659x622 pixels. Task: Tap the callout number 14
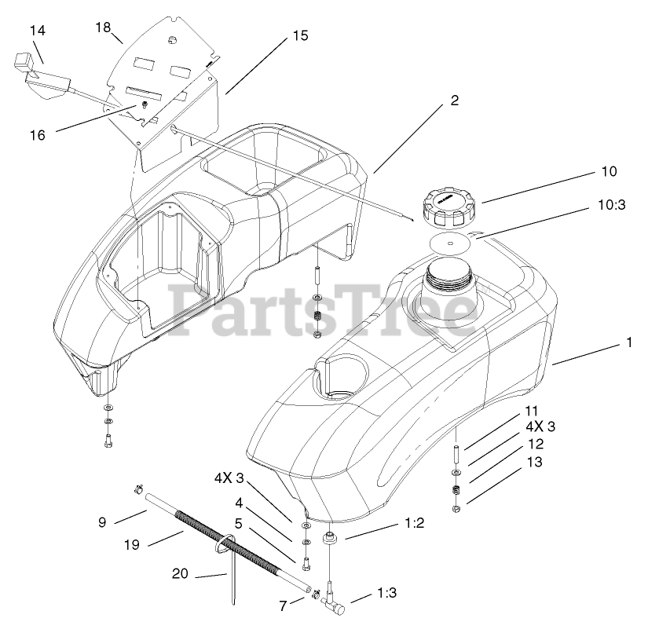click(38, 31)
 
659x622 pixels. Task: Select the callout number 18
click(103, 27)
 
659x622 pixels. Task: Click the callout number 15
click(300, 35)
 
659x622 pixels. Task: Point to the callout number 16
click(38, 135)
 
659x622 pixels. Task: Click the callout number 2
click(454, 101)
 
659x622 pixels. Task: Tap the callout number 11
click(532, 412)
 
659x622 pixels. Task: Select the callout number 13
click(534, 463)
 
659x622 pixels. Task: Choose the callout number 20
click(181, 574)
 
